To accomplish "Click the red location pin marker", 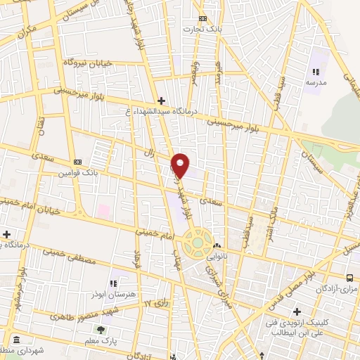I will click(181, 164).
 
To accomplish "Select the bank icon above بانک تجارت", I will click(202, 18).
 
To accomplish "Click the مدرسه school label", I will click(316, 82).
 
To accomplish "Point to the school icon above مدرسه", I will click(316, 72).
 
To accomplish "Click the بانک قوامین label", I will click(77, 172).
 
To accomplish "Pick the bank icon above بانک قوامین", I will click(77, 161).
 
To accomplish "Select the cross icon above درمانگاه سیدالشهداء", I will click(162, 101).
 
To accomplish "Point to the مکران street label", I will click(27, 32).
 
